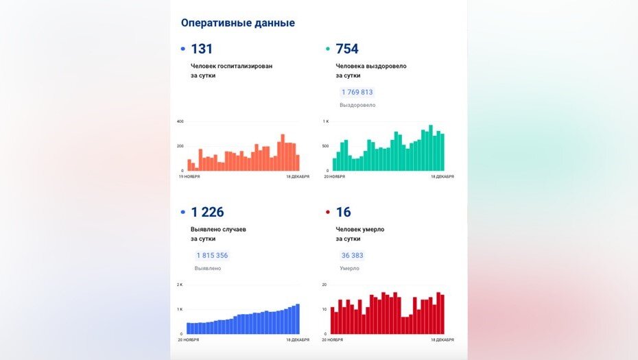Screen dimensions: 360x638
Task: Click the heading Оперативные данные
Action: pos(237,23)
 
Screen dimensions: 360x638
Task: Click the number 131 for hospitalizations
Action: pos(202,49)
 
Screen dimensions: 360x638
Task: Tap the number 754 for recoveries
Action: pos(346,49)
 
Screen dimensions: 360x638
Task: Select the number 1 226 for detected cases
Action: pos(207,213)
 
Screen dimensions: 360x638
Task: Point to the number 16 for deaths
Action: pos(343,213)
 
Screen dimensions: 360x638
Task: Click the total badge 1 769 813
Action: pos(357,92)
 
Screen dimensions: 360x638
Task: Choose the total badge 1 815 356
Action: pos(212,255)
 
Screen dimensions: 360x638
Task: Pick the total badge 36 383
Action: pos(352,255)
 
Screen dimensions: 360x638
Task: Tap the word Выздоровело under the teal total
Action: pos(357,105)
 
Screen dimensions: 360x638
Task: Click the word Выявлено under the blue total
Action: pos(208,268)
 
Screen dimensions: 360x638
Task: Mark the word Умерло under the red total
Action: pos(349,268)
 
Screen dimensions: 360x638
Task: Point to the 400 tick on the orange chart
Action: pos(180,121)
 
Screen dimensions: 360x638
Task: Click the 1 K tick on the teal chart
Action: pos(327,121)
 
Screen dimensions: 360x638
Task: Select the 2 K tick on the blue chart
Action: pos(180,285)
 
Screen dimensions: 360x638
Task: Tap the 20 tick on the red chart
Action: pos(325,285)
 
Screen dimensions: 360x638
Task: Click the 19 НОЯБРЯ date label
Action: pos(189,176)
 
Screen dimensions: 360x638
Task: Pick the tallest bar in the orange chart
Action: pos(283,152)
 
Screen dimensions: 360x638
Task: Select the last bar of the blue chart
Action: pos(298,319)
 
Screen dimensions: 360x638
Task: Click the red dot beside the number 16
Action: pos(327,213)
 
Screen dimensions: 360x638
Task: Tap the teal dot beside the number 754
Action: pos(327,49)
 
